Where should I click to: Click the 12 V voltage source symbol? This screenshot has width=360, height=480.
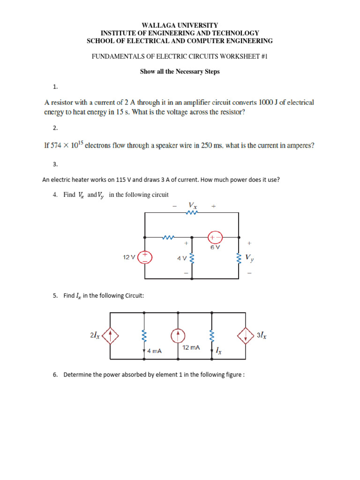[x=145, y=257]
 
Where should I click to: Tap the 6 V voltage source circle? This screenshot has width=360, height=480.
[x=215, y=237]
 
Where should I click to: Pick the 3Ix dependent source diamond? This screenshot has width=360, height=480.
[x=246, y=335]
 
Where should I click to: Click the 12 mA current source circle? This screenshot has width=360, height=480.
[x=178, y=335]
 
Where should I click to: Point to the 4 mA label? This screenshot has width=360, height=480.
[x=154, y=350]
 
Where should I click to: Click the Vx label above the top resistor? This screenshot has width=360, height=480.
[x=192, y=205]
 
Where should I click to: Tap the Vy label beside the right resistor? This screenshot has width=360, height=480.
[x=250, y=257]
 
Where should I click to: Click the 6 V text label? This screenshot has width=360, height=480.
[x=215, y=247]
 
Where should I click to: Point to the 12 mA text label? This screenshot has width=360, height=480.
[x=191, y=347]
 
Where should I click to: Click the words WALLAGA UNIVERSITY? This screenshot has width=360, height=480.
[x=180, y=25]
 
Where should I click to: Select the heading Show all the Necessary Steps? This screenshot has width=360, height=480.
[x=180, y=72]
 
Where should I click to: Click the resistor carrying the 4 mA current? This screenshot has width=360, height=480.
[x=144, y=335]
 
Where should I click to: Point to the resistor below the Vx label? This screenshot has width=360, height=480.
[x=192, y=212]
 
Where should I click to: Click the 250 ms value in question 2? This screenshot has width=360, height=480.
[x=211, y=146]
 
